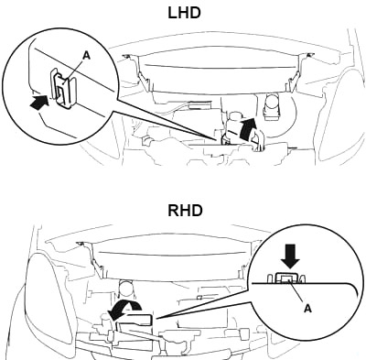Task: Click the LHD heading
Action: pos(184,13)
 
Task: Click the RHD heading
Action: pos(185,211)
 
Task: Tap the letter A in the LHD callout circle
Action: pos(87,55)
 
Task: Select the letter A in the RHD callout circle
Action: pos(307,309)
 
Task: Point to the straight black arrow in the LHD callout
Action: pos(39,101)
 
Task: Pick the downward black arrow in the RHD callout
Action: pos(290,258)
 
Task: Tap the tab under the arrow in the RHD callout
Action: pos(286,278)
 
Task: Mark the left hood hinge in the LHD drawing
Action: pos(137,71)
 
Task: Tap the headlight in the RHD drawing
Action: pos(48,296)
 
